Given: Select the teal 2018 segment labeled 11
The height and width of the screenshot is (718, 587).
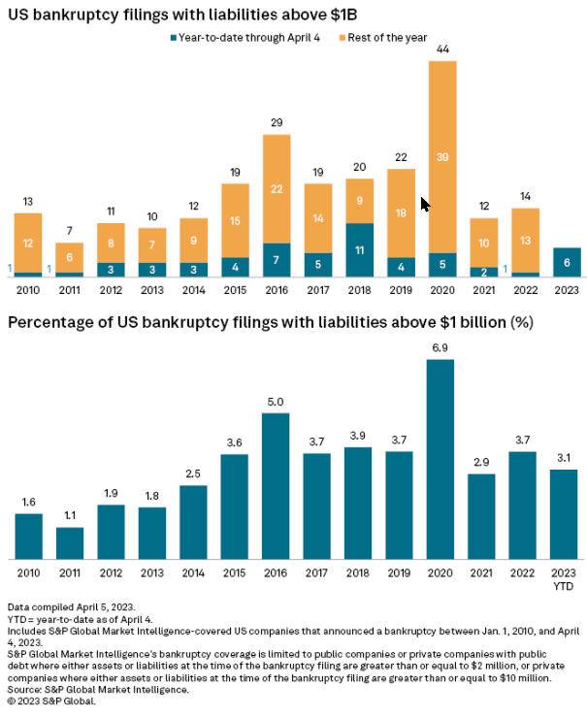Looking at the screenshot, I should tap(359, 249).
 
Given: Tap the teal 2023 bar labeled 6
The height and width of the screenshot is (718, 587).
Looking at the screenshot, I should tap(567, 262).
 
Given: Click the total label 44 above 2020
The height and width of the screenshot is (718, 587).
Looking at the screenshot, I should tap(442, 49).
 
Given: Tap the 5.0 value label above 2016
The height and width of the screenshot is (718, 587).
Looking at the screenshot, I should tap(277, 402).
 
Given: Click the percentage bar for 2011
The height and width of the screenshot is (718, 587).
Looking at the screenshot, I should tap(70, 542).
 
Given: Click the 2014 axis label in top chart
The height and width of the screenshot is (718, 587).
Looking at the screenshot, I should tap(194, 289).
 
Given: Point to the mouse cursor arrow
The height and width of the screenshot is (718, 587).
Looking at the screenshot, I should tap(425, 204).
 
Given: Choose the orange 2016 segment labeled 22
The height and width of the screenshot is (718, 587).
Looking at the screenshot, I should tap(277, 188).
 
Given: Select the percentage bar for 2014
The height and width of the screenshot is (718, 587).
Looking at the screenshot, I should tap(194, 521).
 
